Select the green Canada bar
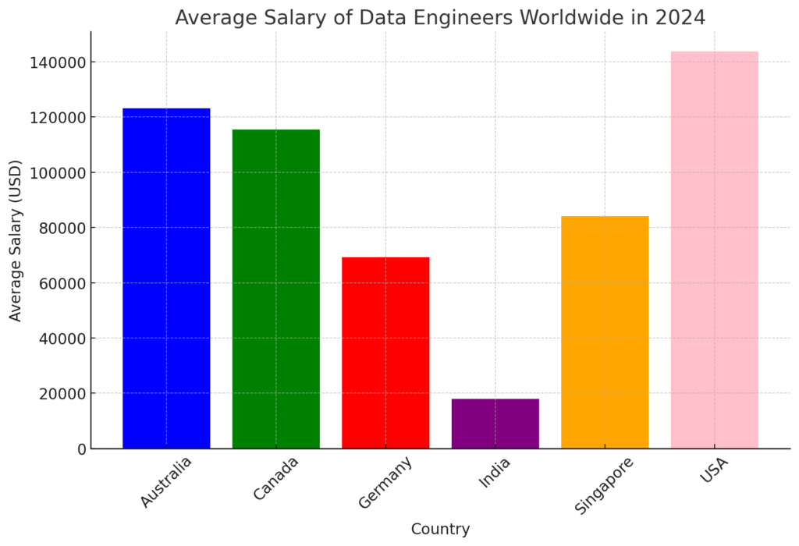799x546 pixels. click(275, 289)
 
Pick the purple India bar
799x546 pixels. click(495, 424)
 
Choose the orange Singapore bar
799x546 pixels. click(605, 332)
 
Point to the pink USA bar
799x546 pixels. click(714, 250)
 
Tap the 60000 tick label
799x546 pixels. click(59, 283)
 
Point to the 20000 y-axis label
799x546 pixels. click(59, 394)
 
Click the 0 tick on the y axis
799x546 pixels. click(80, 449)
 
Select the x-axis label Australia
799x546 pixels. click(166, 481)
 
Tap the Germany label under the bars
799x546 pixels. click(385, 483)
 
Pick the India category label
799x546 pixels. click(495, 473)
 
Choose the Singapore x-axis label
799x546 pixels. click(604, 485)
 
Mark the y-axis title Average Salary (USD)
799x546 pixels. click(16, 240)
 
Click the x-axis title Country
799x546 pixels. click(440, 530)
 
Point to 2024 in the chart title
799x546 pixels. click(681, 17)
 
